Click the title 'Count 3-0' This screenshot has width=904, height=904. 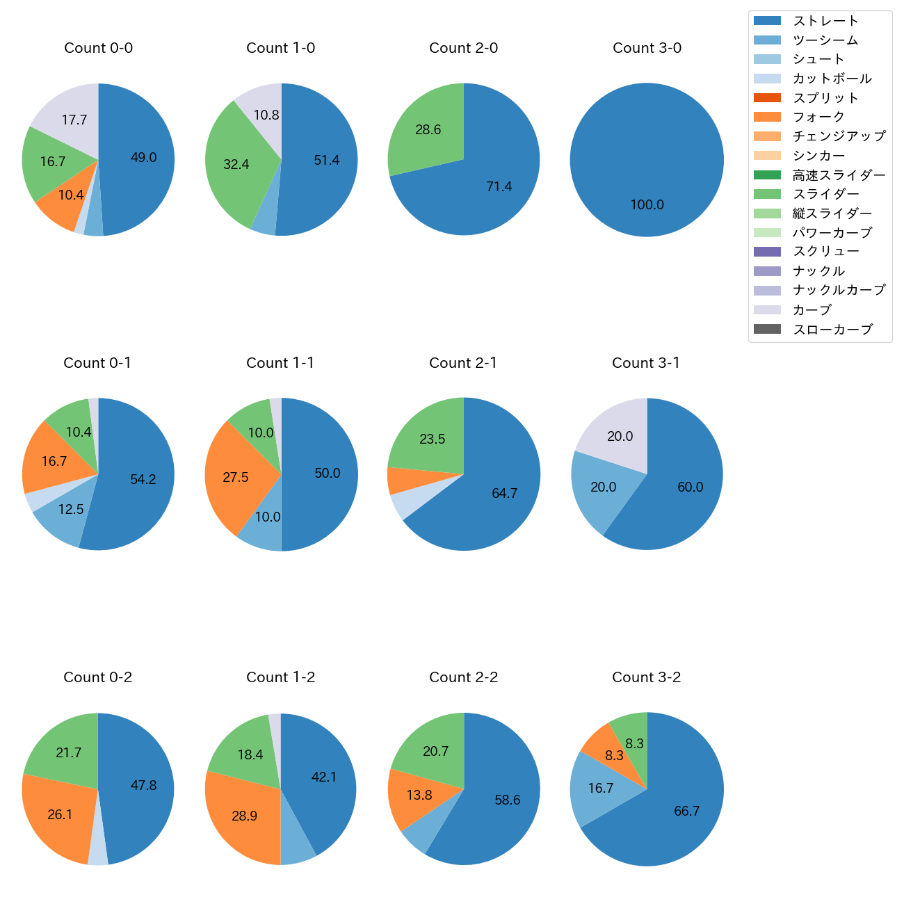coord(647,48)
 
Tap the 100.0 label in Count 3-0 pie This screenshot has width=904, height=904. coord(647,205)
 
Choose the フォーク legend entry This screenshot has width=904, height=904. coord(818,117)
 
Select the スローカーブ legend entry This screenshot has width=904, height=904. coord(832,330)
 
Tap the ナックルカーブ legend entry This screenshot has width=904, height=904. coord(839,291)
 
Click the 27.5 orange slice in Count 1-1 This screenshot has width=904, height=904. coord(235,478)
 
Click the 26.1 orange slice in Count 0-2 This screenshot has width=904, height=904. coord(60,814)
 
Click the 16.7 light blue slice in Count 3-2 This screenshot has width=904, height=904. coord(600,789)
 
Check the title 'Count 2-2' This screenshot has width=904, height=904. coord(463,677)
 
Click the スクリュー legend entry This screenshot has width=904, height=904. coord(825,252)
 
